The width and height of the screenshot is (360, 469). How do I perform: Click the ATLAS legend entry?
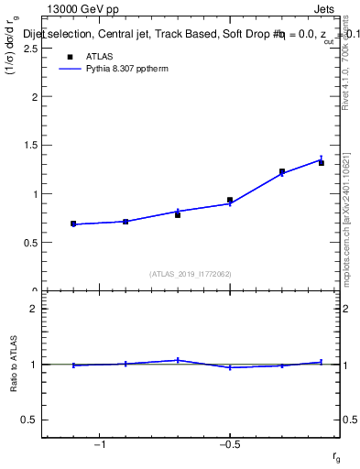tap(100, 57)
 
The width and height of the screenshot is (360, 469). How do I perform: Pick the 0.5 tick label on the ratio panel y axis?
tap(28, 420)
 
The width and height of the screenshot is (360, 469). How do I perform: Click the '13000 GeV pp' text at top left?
tap(82, 9)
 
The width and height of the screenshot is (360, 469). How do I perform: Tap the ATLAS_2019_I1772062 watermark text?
tap(191, 273)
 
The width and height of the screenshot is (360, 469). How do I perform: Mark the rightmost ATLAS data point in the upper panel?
tap(322, 162)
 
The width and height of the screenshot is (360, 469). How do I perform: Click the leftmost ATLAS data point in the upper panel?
tap(73, 224)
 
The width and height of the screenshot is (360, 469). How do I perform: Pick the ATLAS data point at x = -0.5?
tap(230, 200)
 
